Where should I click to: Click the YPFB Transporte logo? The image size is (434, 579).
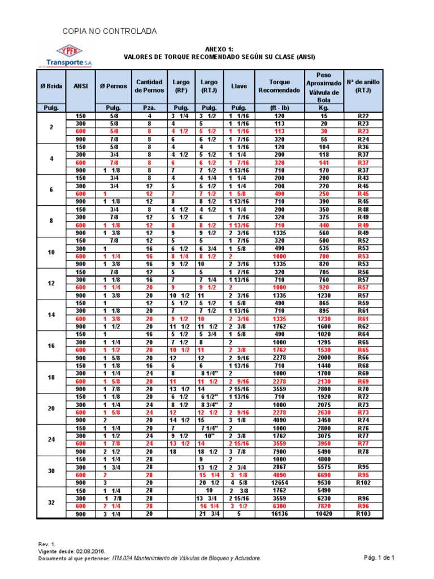pos(65,55)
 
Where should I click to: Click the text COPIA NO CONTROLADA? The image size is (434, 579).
pos(110,31)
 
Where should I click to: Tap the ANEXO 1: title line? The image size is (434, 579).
pos(219,49)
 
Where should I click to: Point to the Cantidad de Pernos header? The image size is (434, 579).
pos(149,86)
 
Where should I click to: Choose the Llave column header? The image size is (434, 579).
pos(239,86)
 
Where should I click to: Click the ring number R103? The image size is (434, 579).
pos(363,515)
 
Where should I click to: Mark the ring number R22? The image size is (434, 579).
pos(363,115)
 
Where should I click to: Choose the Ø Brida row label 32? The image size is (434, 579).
pos(51,503)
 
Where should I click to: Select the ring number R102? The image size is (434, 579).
pos(363,483)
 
